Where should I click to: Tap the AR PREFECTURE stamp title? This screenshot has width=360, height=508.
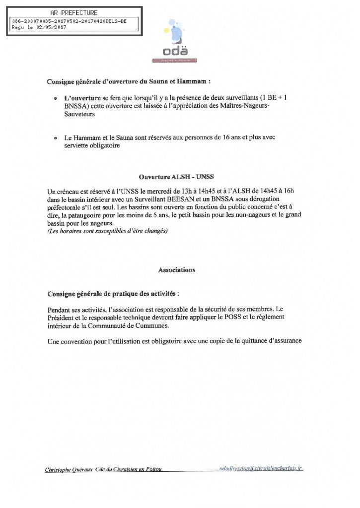click(x=74, y=12)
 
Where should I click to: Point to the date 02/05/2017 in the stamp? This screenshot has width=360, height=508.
click(x=51, y=28)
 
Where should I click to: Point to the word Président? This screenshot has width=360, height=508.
click(x=62, y=316)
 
